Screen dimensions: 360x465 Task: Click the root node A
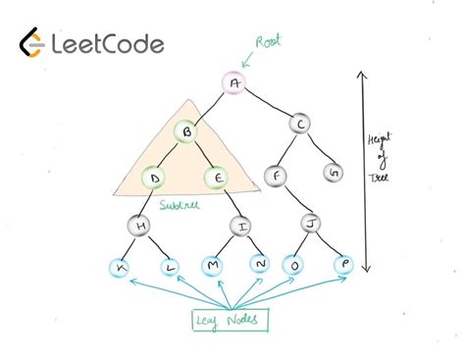[233, 83]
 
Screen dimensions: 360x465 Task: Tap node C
[300, 125]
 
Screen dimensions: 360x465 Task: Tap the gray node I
[242, 227]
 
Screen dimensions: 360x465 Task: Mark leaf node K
[122, 266]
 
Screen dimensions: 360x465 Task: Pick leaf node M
[215, 266]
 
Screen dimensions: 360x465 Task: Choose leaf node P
[342, 264]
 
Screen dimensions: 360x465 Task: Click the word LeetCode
[108, 44]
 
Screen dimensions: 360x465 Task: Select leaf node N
[260, 265]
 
